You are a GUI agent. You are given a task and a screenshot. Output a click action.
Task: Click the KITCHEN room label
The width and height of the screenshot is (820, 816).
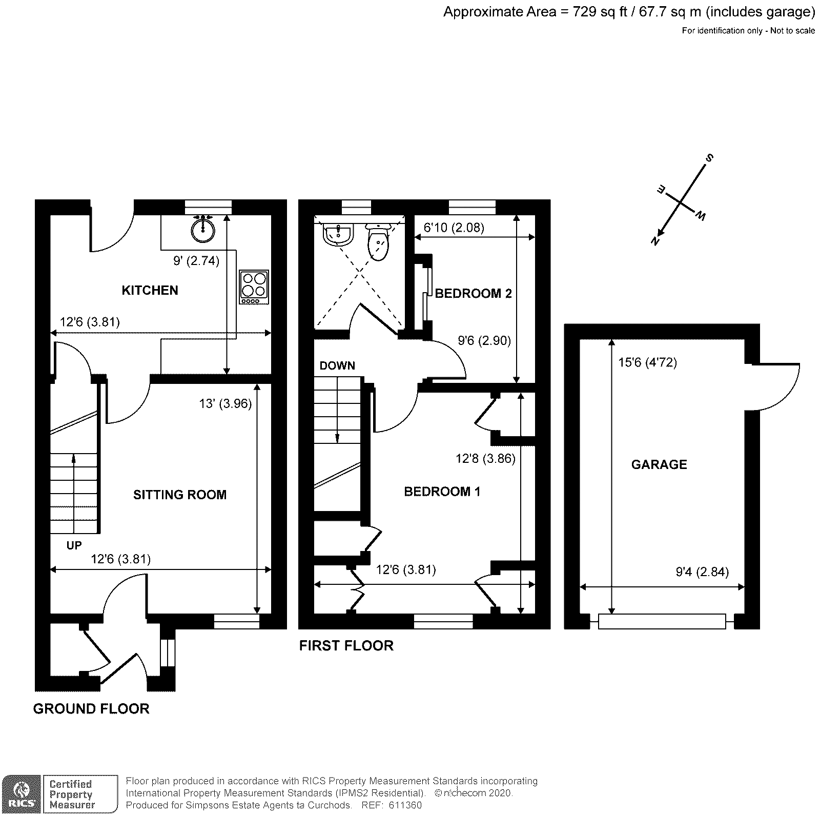(150, 291)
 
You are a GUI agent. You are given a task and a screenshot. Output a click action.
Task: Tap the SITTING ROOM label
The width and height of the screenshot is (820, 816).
(179, 495)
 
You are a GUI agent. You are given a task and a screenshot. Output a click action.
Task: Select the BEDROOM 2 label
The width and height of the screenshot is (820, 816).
(473, 294)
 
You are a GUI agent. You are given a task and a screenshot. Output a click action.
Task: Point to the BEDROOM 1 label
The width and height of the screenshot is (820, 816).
(442, 492)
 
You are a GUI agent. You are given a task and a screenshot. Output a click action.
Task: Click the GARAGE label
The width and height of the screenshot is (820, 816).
(659, 464)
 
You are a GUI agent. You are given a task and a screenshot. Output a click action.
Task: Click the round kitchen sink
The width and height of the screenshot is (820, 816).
(203, 228)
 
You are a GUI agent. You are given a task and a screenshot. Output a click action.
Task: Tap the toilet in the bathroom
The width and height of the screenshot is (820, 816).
(379, 243)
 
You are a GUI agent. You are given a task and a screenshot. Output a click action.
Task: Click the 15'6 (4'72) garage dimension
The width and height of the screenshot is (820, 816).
(647, 363)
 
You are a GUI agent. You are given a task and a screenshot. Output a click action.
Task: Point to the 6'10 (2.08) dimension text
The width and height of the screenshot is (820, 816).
(454, 227)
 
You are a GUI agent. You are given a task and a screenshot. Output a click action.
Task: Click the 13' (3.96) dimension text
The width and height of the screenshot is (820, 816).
(225, 404)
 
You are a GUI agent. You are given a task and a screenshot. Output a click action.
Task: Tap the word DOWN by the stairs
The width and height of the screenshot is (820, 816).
(337, 365)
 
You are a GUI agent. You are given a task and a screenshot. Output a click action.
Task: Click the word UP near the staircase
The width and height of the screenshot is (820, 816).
(74, 545)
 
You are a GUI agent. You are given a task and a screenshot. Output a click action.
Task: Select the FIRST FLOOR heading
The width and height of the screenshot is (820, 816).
(346, 645)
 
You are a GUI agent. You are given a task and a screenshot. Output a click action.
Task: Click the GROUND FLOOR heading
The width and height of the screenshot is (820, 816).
(91, 708)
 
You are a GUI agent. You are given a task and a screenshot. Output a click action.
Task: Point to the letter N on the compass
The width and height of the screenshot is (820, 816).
(655, 240)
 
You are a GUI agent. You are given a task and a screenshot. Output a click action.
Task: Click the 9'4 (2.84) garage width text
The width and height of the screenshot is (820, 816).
(702, 572)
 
